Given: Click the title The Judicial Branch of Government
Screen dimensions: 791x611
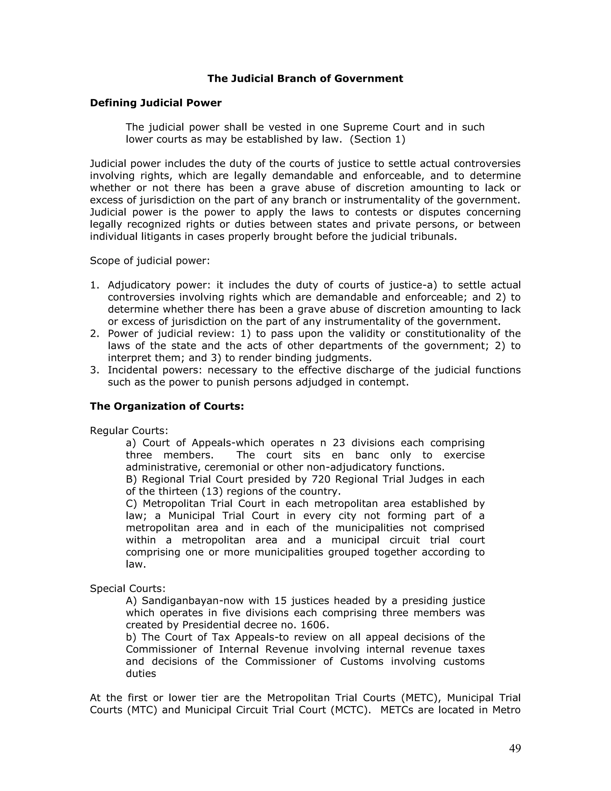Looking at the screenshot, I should pos(305,79).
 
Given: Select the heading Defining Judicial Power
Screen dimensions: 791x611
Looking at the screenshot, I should pos(156,103).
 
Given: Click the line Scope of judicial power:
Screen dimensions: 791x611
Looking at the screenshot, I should pos(150,261).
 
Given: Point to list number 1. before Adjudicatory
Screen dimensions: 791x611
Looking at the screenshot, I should pos(95,285).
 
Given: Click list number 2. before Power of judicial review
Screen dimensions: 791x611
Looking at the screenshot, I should pos(95,334).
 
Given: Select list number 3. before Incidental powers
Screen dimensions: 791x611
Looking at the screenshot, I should pos(95,370).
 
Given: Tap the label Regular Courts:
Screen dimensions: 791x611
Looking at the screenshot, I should pos(129,431).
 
